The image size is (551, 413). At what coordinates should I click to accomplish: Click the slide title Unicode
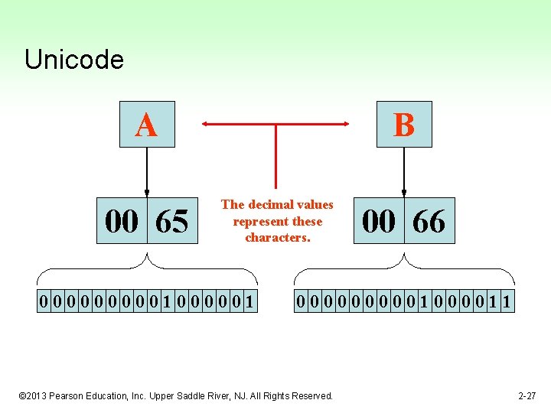point(73,59)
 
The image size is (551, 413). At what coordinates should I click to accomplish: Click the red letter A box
point(146,125)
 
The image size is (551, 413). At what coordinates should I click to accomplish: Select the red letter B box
point(403,125)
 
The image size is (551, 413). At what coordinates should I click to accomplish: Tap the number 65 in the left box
point(171,222)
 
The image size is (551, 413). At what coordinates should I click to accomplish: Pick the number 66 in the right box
point(429,222)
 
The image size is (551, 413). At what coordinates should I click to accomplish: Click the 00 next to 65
point(122,222)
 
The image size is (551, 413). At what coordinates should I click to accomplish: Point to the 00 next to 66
point(379,222)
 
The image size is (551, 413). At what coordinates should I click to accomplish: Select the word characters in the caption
point(276,238)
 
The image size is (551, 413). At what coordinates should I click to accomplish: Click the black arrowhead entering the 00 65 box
point(147,193)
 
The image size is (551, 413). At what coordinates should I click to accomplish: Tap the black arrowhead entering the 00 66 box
point(403,193)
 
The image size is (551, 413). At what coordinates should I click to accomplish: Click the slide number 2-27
point(527,395)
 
